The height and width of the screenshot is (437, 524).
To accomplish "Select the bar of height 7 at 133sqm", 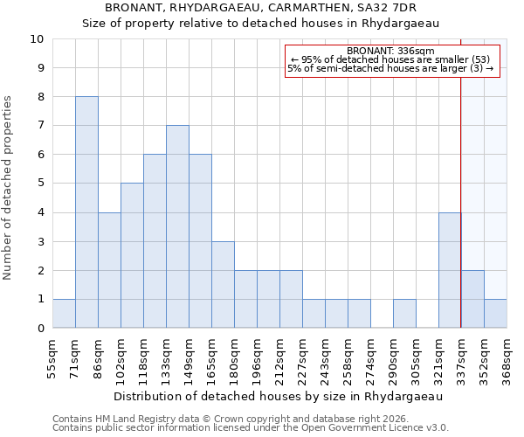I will (x=177, y=226).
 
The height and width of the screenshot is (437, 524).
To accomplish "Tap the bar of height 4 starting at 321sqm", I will (x=450, y=270).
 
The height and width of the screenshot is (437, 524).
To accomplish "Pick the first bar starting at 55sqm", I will (x=64, y=314).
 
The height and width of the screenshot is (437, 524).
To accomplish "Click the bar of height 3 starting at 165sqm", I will (x=223, y=285).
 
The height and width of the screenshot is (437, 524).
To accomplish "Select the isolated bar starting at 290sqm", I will (x=404, y=314).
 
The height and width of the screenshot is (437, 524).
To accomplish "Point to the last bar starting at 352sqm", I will (x=495, y=314).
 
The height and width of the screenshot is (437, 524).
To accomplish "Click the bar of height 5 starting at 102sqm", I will (x=132, y=255).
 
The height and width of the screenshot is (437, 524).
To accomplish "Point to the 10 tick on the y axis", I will (x=37, y=39).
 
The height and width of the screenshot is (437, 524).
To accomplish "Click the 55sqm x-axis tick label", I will (x=52, y=355).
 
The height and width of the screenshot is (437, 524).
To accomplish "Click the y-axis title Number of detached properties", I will (x=9, y=188).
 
